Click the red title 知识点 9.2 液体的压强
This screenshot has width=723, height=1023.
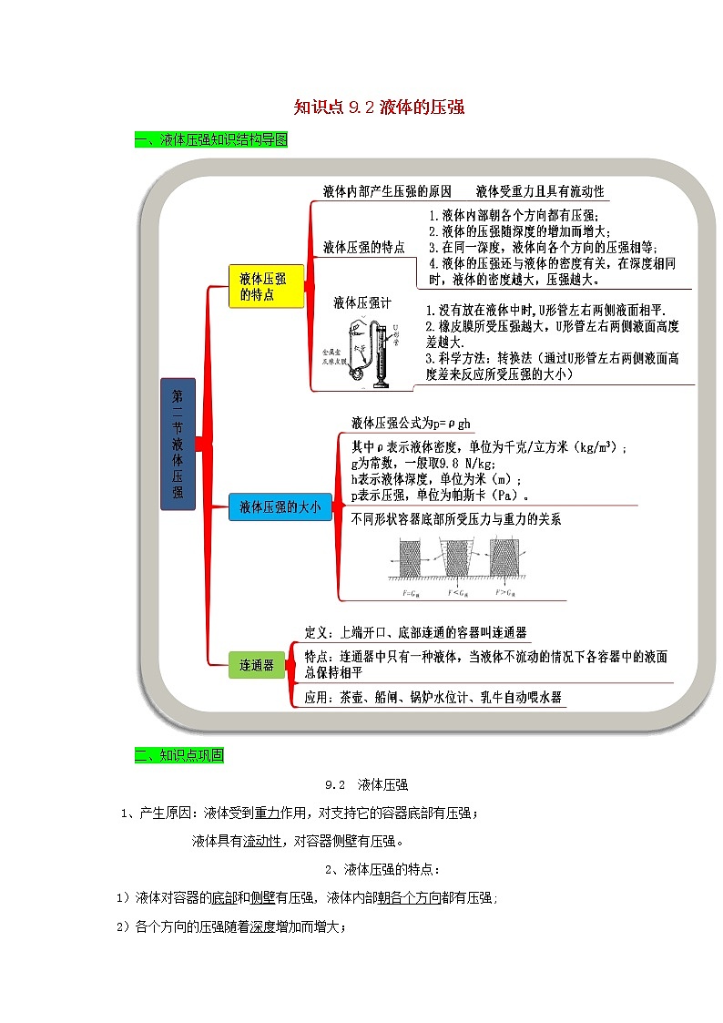pyautogui.click(x=379, y=107)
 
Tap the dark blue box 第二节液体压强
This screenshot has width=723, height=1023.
pyautogui.click(x=178, y=443)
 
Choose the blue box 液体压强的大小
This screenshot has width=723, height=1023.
pyautogui.click(x=280, y=508)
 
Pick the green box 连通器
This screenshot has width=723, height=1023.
pyautogui.click(x=256, y=665)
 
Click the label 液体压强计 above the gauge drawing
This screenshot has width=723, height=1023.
pyautogui.click(x=361, y=303)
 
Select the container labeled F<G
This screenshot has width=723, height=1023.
pyautogui.click(x=457, y=556)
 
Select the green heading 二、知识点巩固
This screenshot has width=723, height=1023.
pyautogui.click(x=178, y=755)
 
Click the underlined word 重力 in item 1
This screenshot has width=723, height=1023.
pyautogui.click(x=266, y=813)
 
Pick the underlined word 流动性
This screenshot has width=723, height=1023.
pyautogui.click(x=262, y=841)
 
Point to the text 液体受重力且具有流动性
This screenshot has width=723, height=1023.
pyautogui.click(x=539, y=192)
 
